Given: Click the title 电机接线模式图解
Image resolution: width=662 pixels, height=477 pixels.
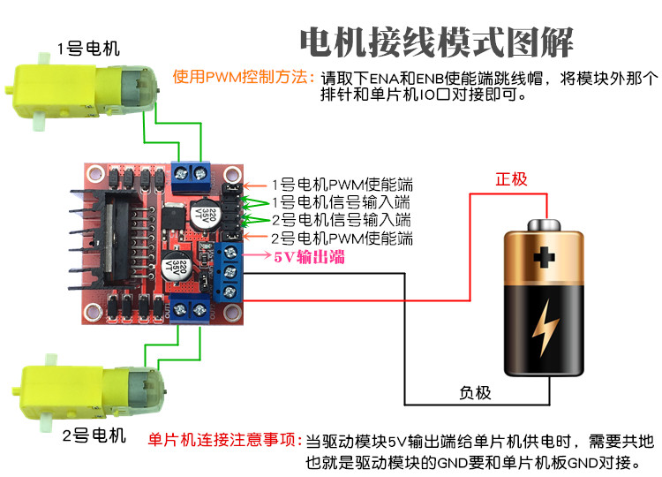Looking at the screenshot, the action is click(437, 42).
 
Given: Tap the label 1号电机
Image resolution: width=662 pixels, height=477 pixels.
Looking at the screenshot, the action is click(88, 49).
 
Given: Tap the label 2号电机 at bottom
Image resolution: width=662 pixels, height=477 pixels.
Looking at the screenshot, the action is click(94, 435).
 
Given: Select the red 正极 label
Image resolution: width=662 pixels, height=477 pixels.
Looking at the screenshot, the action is click(511, 179).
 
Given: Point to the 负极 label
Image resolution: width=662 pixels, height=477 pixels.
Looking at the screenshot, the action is click(475, 393).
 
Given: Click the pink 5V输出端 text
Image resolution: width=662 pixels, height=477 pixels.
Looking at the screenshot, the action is click(310, 256).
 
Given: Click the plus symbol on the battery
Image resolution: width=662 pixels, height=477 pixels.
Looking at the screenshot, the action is click(545, 257).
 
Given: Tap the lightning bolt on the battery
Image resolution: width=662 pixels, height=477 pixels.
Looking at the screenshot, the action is click(545, 328).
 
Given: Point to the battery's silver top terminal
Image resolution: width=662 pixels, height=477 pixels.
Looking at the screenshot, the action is click(545, 224).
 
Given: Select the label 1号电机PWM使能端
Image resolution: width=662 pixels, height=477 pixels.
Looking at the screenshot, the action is click(342, 185).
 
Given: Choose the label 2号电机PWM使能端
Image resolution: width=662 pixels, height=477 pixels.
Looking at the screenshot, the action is click(342, 238).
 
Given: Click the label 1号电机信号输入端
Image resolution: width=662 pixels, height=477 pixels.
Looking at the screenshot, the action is click(341, 202).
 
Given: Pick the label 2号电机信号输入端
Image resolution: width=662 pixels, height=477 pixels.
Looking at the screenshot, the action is click(341, 220).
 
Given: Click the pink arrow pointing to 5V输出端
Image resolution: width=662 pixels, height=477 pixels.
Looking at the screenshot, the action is click(256, 254).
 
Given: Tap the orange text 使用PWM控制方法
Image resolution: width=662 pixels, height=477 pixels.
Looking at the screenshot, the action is click(244, 77).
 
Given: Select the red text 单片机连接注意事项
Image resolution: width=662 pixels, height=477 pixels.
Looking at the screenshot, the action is click(224, 440).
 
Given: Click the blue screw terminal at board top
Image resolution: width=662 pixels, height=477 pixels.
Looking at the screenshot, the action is click(191, 175).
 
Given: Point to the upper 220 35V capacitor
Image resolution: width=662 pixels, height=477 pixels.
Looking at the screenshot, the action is click(205, 215).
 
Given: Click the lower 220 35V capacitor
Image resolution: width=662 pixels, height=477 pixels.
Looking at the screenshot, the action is click(177, 266).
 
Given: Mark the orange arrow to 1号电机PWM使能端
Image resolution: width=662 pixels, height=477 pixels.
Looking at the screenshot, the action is click(254, 185).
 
